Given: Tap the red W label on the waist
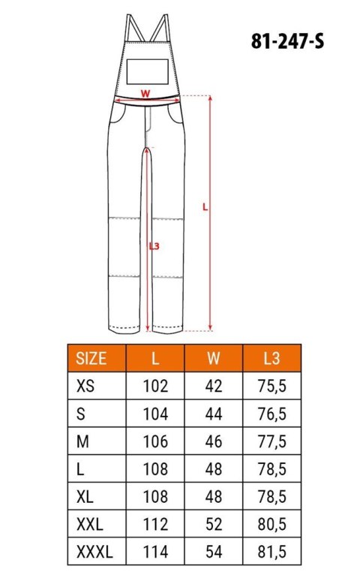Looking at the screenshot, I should pyautogui.click(x=146, y=94).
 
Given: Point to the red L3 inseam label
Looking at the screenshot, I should pyautogui.click(x=154, y=245).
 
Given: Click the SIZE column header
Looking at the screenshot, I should pyautogui.click(x=92, y=358).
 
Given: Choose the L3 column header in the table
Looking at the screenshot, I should pyautogui.click(x=271, y=358).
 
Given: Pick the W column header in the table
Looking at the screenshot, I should pyautogui.click(x=213, y=358).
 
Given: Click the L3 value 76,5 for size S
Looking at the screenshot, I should pyautogui.click(x=271, y=414).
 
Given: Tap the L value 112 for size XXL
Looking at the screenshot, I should pyautogui.click(x=155, y=526).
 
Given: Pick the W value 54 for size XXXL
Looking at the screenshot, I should pyautogui.click(x=213, y=554).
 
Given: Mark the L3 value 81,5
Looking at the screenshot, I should pyautogui.click(x=271, y=554).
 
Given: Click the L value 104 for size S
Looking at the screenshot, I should pyautogui.click(x=155, y=414).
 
